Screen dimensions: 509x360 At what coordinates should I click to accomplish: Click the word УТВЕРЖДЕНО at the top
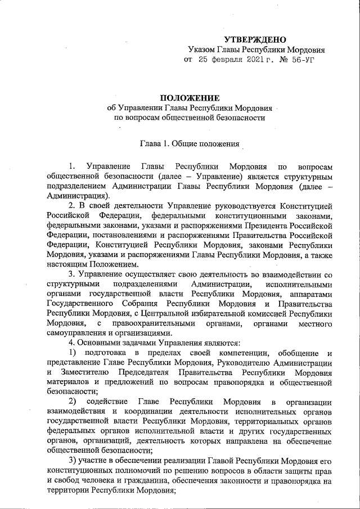pos(255,39)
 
